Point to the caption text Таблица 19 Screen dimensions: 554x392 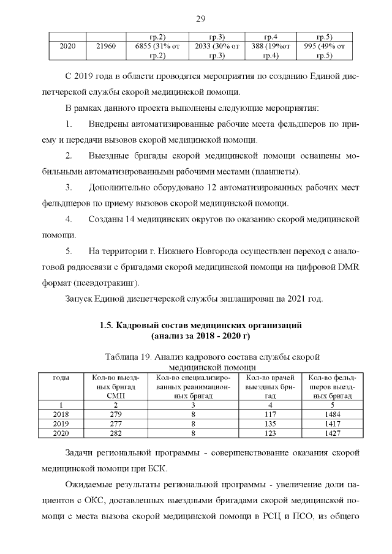click(x=127, y=357)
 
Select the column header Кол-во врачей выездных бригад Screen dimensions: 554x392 click(x=271, y=387)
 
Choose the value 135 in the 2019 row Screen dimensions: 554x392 click(x=271, y=423)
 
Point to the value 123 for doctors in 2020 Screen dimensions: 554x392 click(x=271, y=432)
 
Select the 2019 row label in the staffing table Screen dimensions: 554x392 click(x=61, y=423)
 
